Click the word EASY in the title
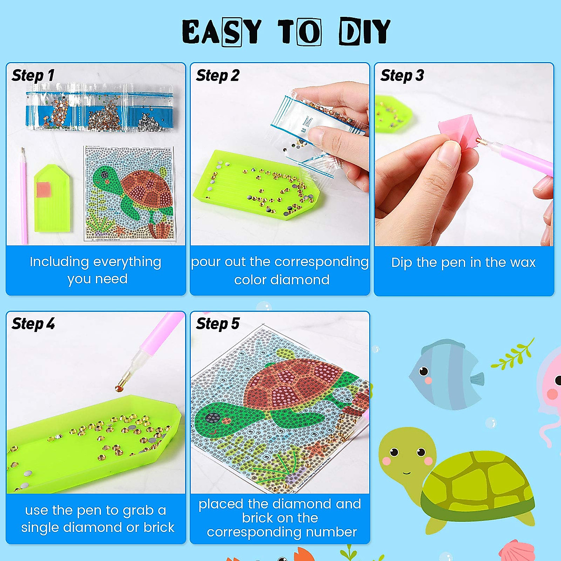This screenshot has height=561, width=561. (x=221, y=32)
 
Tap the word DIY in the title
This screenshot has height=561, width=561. (x=365, y=32)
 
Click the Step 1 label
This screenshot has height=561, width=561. (x=33, y=75)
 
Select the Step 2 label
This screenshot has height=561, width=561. (x=217, y=75)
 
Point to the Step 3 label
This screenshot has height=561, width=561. (x=402, y=75)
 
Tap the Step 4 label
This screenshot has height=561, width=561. (x=33, y=324)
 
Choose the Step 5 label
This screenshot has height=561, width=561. (x=217, y=324)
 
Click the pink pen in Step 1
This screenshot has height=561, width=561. (x=23, y=196)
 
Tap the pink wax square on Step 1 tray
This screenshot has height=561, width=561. (x=43, y=189)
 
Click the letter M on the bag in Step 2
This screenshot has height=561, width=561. (x=307, y=121)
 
